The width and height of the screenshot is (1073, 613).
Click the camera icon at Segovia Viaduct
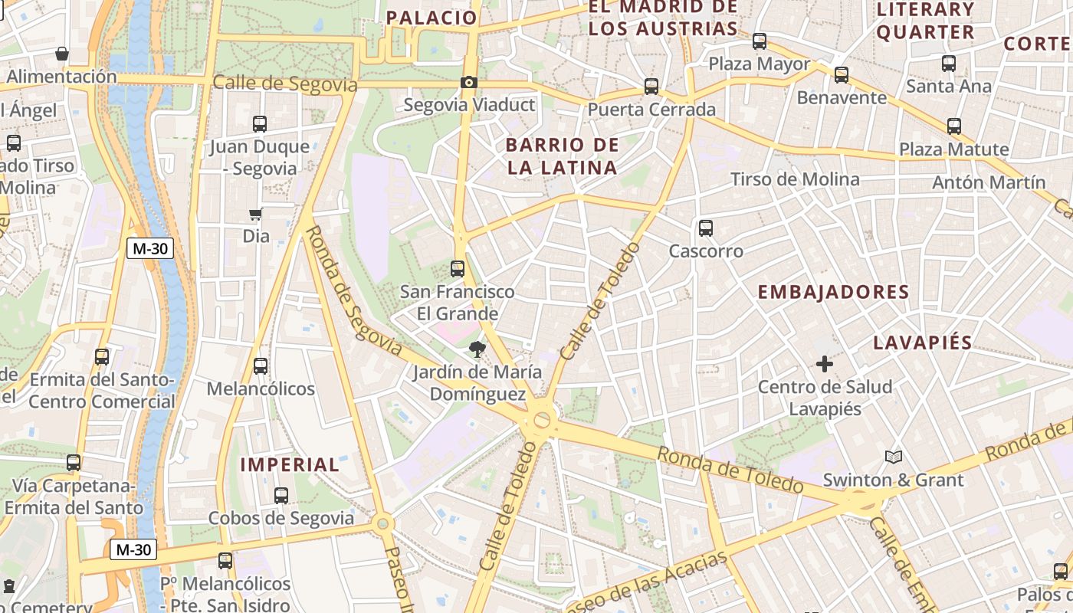(x=469, y=82)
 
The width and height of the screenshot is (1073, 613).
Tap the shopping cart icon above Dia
(x=256, y=214)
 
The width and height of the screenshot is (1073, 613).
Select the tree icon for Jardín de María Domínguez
(x=477, y=350)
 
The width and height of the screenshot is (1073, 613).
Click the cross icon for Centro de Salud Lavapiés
(x=825, y=364)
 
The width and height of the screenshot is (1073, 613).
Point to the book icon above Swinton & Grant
(x=894, y=457)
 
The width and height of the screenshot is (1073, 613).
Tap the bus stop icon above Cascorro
(x=706, y=228)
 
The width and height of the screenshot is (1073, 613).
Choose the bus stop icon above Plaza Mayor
(x=760, y=41)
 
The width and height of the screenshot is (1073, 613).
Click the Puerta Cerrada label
(x=651, y=110)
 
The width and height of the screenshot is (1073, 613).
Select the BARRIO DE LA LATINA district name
(x=562, y=156)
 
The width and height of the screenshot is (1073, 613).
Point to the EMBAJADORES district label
(x=833, y=292)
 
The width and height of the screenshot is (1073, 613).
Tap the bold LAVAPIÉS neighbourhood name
(x=923, y=343)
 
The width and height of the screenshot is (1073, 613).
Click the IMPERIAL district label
(x=290, y=464)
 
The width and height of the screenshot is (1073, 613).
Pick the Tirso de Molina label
(x=795, y=179)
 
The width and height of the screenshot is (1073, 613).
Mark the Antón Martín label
(x=989, y=182)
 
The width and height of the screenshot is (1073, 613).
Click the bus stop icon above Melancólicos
(x=261, y=366)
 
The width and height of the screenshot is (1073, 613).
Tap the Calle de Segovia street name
(x=285, y=84)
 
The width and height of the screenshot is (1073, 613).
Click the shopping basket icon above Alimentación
(x=62, y=54)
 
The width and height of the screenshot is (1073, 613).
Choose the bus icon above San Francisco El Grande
(x=458, y=269)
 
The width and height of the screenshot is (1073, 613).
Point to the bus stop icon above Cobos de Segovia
(x=281, y=496)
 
